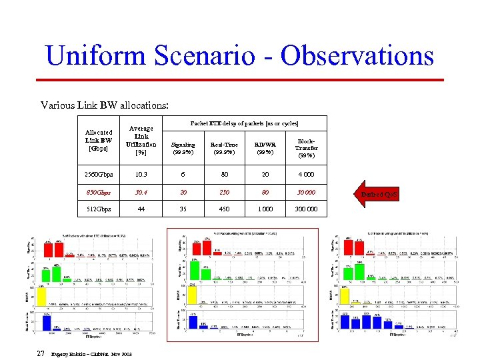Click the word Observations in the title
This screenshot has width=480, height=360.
tap(357, 55)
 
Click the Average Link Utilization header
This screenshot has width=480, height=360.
tap(141, 141)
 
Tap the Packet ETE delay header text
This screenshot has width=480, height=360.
tap(245, 123)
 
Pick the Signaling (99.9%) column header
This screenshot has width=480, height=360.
tap(183, 148)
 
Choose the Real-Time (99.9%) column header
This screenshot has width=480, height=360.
tap(224, 148)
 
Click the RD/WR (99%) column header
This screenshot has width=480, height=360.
tap(265, 148)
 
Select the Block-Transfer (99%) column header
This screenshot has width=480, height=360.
tap(307, 148)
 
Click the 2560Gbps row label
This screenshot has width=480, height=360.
tap(99, 175)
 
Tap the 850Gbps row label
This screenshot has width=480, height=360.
tap(99, 192)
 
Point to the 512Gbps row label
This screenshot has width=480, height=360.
tap(99, 209)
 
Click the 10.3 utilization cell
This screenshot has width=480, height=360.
tap(141, 175)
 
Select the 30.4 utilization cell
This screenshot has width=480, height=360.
tap(141, 192)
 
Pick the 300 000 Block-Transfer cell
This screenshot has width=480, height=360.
tap(307, 209)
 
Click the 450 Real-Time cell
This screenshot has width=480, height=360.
tap(224, 209)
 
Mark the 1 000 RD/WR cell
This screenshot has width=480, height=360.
tap(265, 209)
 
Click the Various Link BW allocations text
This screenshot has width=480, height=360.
tap(104, 105)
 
